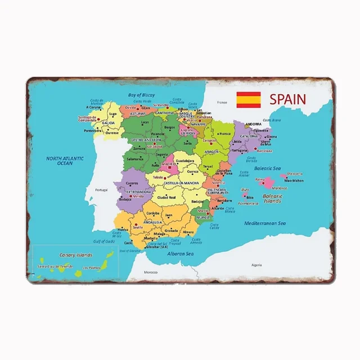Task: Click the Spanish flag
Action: click(247, 100)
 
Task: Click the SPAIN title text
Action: click(287, 100)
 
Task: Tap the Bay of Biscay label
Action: click(141, 95)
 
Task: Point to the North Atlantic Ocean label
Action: click(65, 161)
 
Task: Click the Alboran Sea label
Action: click(181, 254)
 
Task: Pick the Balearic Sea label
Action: click(267, 168)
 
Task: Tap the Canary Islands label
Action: click(60, 254)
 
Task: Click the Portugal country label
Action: click(101, 190)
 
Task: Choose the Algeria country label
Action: click(256, 264)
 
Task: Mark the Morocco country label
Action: click(150, 272)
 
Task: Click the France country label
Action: click(222, 102)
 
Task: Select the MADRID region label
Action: click(169, 164)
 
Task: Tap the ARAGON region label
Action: click(212, 152)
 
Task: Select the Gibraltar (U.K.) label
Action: click(157, 247)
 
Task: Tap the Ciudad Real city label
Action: click(166, 197)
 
